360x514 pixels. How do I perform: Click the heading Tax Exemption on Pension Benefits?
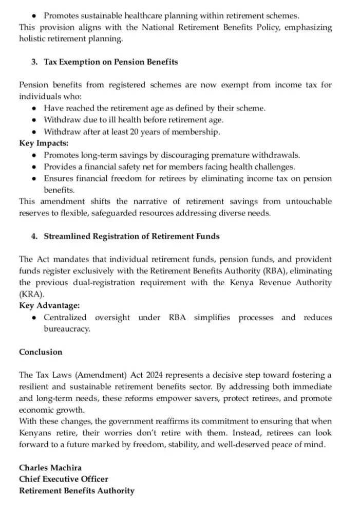111,62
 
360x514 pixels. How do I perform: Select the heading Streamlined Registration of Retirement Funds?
131,236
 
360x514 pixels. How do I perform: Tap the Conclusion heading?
41,352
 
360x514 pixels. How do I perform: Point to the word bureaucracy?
67,329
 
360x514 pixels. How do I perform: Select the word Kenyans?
35,433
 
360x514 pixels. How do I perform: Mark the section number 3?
34,62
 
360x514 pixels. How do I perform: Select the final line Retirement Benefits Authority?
77,491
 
